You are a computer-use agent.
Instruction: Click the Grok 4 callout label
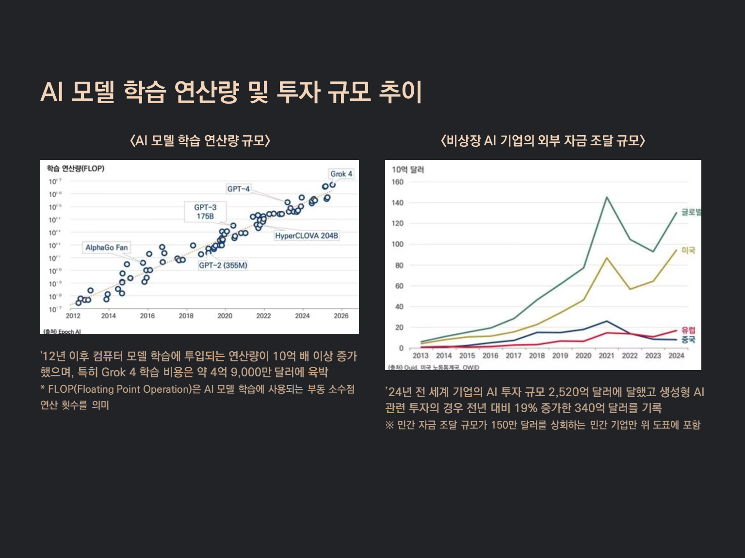[x=341, y=174]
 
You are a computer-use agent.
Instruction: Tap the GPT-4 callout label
[x=238, y=189]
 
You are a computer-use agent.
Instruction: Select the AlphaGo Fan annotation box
[x=106, y=248]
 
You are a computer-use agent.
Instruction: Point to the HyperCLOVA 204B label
[x=306, y=236]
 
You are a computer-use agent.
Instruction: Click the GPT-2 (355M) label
[x=223, y=265]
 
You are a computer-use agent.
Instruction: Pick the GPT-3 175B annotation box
[x=205, y=212]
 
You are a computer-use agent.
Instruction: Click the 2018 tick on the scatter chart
[x=186, y=316]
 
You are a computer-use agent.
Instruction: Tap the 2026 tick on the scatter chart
[x=341, y=316]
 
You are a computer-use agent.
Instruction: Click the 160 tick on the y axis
[x=397, y=182]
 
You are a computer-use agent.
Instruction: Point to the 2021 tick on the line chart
[x=606, y=356]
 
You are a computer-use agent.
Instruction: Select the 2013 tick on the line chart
[x=421, y=356]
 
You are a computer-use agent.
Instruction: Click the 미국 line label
[x=688, y=250]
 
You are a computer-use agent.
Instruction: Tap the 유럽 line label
[x=688, y=330]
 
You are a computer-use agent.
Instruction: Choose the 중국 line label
[x=688, y=340]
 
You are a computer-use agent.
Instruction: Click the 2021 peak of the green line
[x=606, y=197]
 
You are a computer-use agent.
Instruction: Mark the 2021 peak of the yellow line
[x=607, y=258]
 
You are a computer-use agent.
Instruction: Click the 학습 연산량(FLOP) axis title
[x=75, y=169]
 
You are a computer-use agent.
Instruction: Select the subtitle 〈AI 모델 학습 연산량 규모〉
[x=200, y=140]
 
